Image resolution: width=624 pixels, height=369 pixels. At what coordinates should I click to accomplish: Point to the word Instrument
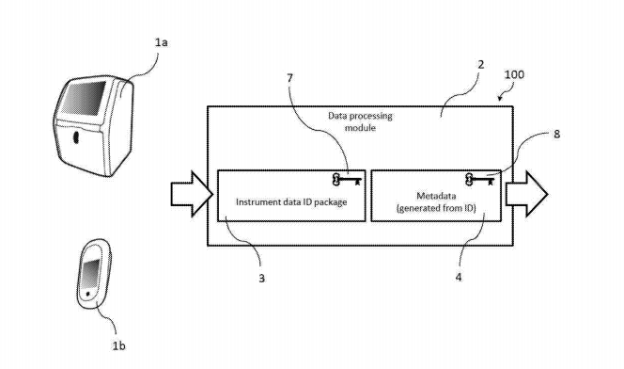coord(259,201)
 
